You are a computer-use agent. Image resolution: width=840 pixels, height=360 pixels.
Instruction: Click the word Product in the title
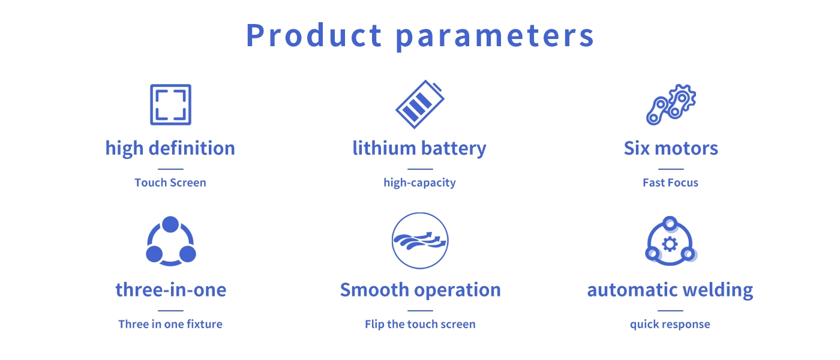coord(314,35)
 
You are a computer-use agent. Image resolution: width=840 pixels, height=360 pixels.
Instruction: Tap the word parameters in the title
coord(495,37)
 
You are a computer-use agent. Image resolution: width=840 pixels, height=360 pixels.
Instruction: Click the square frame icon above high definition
coord(170,85)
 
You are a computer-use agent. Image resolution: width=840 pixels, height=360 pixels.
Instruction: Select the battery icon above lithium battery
coord(419,104)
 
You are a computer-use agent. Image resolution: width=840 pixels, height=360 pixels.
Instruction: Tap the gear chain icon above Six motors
coord(671,104)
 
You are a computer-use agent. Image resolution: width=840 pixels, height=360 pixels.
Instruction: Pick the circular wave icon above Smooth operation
coord(420,214)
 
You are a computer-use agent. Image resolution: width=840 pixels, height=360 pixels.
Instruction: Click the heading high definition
coord(170,149)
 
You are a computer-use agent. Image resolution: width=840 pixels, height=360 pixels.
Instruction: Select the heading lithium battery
coord(419,149)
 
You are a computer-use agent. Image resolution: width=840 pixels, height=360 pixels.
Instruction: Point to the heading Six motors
coord(671,148)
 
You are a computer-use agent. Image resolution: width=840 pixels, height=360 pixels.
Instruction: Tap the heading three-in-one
coord(171,290)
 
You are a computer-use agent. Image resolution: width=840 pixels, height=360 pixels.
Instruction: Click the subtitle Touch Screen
coord(170,182)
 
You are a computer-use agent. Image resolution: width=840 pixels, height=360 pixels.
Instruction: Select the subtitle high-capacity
coord(419,183)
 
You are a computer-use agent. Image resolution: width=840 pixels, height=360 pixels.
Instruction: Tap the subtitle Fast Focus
coord(671,182)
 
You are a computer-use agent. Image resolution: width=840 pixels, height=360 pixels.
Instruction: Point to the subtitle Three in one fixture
coord(170,324)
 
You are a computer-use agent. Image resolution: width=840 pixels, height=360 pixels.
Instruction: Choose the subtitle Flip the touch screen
coord(420,325)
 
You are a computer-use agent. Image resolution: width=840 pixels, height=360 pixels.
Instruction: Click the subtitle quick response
coord(670,325)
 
